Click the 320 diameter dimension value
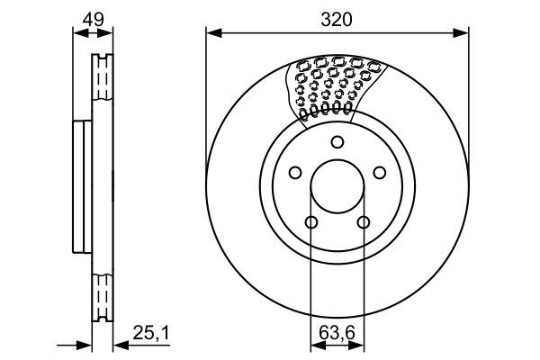coord(337,19)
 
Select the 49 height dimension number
coord(93,19)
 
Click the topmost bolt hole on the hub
coord(337,141)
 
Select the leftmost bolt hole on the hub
coord(294,173)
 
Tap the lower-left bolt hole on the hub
coord(311,223)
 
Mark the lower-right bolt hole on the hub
coord(364,223)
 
